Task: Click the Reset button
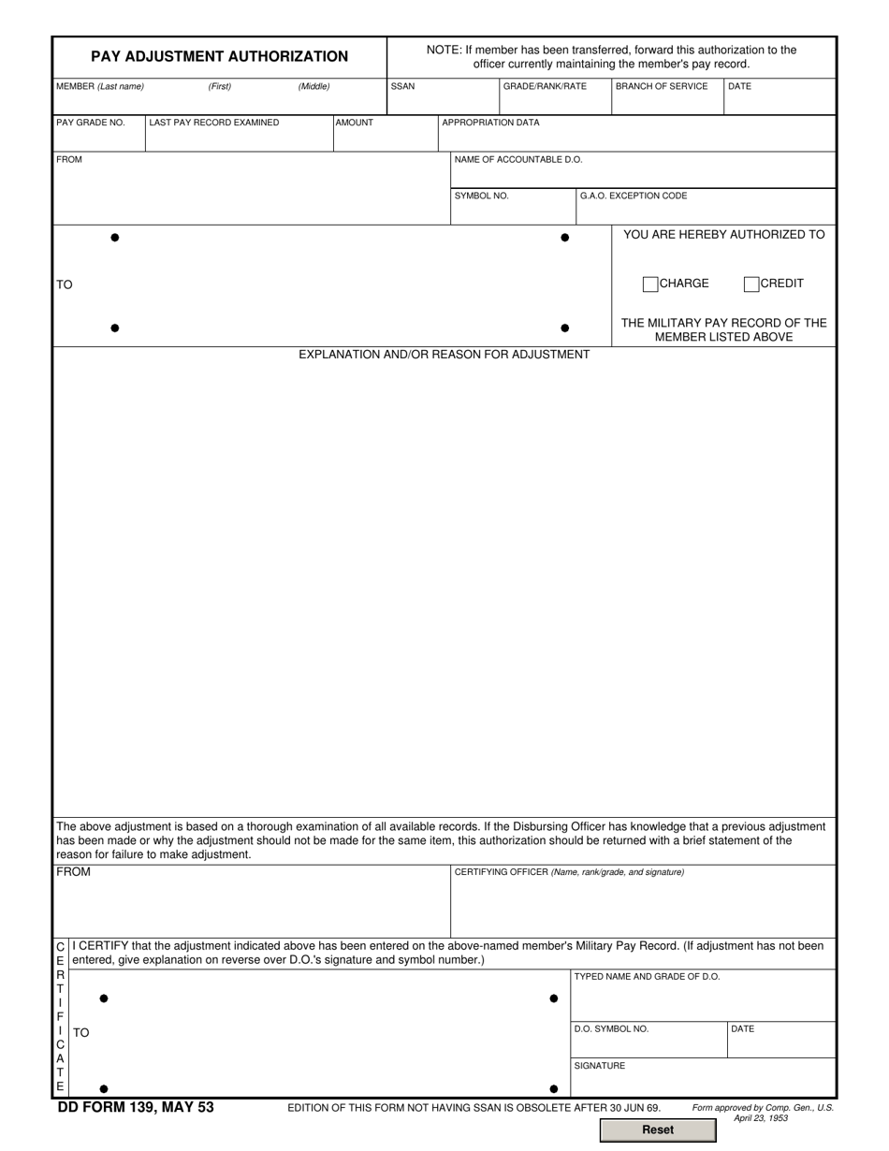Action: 657,1129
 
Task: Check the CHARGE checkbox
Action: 650,284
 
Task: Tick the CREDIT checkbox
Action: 751,284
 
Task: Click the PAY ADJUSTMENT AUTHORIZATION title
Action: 219,56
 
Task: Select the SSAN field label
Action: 402,86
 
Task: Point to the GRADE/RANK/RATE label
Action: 545,86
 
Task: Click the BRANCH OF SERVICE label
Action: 662,86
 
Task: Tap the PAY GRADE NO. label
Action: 90,123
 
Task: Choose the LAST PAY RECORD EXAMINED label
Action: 214,123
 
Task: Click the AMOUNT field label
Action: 355,123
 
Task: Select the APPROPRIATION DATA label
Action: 490,123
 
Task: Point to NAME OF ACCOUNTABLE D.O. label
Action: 518,159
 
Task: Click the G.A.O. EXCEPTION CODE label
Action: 634,196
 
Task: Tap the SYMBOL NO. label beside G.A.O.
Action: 481,196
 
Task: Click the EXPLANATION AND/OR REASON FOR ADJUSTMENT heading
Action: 444,355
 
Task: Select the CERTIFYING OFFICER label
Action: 569,872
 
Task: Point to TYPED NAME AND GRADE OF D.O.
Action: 647,977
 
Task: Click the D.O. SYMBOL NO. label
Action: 611,1029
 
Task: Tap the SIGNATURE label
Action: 599,1066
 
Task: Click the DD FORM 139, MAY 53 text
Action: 136,1108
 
